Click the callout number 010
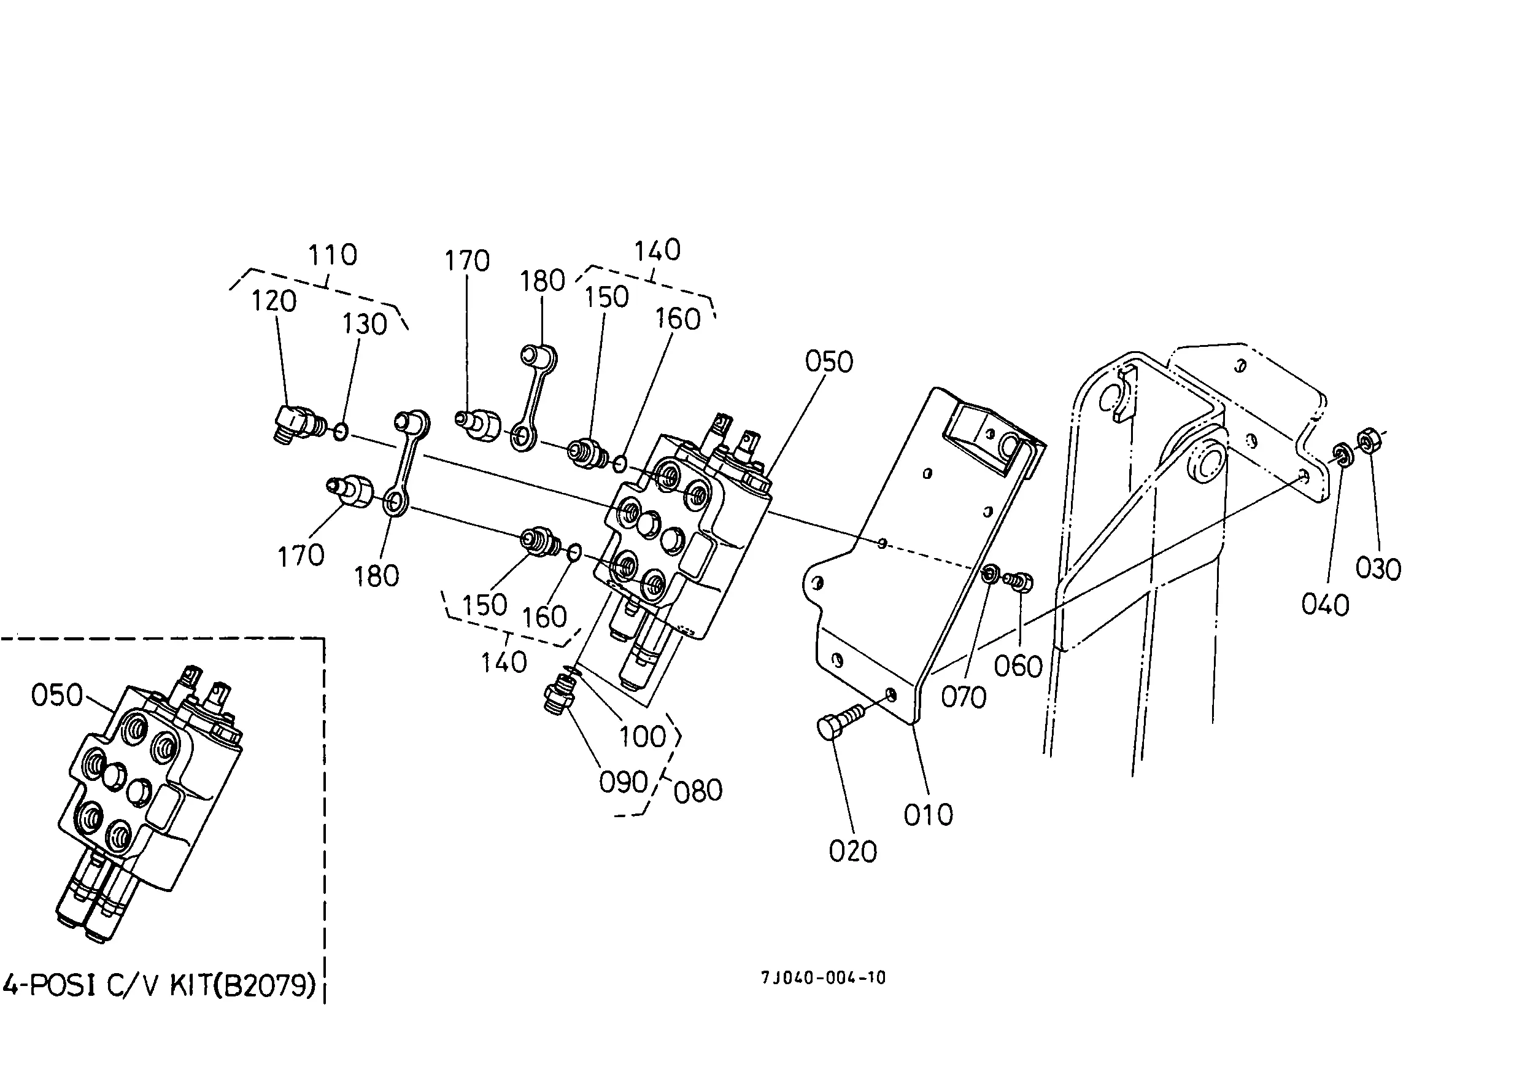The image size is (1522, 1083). pyautogui.click(x=928, y=815)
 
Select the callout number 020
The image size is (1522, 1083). pyautogui.click(x=852, y=852)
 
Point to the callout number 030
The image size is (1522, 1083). pyautogui.click(x=1378, y=569)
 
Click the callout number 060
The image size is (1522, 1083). pyautogui.click(x=1018, y=666)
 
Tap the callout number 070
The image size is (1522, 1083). pyautogui.click(x=964, y=697)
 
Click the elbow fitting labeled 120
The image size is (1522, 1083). pyautogui.click(x=297, y=422)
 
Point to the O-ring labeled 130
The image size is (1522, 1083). pyautogui.click(x=340, y=432)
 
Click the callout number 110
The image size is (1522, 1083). pyautogui.click(x=332, y=255)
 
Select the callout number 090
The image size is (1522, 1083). pyautogui.click(x=624, y=782)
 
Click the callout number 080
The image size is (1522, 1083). pyautogui.click(x=698, y=791)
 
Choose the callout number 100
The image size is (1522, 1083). pyautogui.click(x=643, y=737)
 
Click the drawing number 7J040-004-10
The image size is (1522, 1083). pyautogui.click(x=824, y=978)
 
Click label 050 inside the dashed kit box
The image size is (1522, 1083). pyautogui.click(x=56, y=696)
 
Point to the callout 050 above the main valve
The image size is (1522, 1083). pyautogui.click(x=829, y=362)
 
